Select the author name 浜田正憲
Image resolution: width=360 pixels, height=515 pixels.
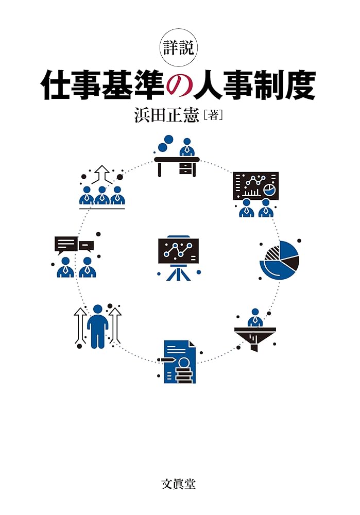click(165, 115)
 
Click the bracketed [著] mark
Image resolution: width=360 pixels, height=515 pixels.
click(213, 115)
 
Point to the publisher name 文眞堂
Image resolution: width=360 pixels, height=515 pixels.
click(179, 484)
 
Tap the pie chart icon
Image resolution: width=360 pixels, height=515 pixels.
click(280, 260)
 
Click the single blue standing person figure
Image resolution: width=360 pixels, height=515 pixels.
click(97, 325)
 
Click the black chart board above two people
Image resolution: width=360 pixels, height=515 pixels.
click(255, 186)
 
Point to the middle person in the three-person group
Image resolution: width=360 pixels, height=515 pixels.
click(102, 196)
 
